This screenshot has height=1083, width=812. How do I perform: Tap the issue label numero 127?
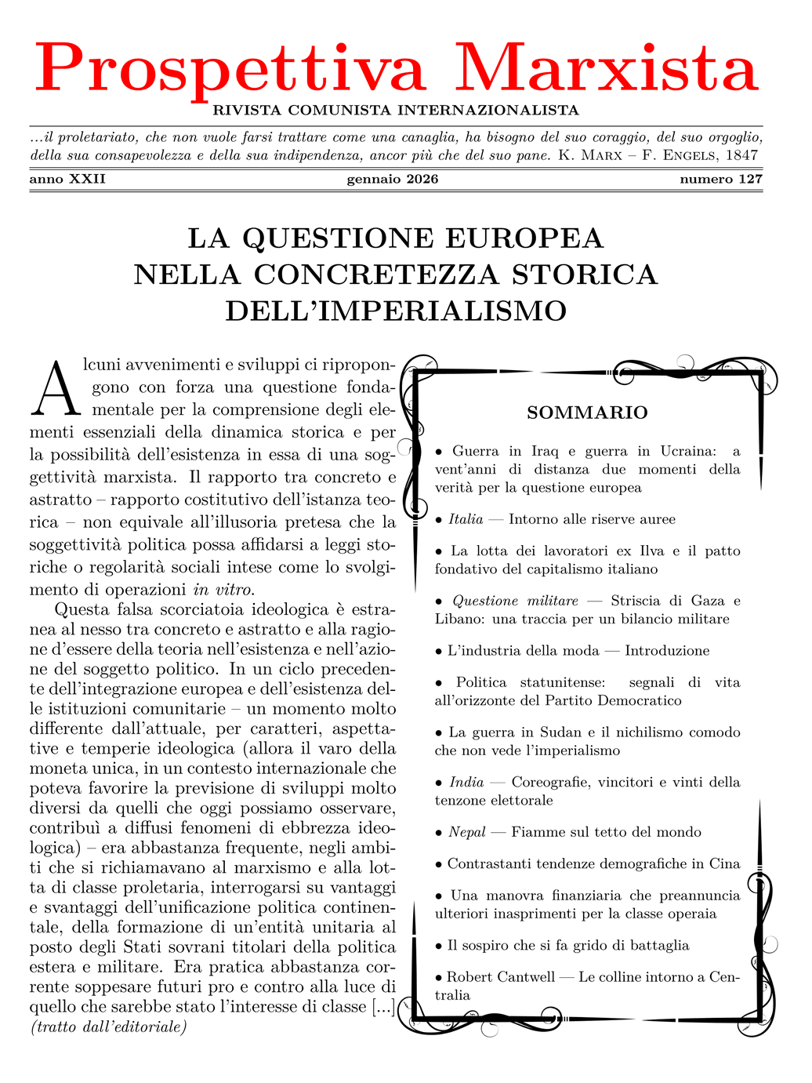[x=720, y=179]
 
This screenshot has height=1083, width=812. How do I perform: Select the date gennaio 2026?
[x=393, y=179]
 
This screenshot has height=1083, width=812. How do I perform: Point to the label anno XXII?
[x=67, y=179]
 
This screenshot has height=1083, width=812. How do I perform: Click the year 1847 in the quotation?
[x=741, y=155]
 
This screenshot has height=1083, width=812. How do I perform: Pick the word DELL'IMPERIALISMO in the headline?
[x=396, y=311]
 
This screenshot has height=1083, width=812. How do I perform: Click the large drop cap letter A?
[x=55, y=389]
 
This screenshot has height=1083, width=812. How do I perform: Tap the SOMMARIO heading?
[x=587, y=412]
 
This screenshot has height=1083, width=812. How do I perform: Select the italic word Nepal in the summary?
[x=467, y=832]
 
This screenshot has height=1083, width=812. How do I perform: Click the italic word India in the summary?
[x=466, y=782]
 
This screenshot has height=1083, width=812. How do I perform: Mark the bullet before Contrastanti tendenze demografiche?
[x=439, y=864]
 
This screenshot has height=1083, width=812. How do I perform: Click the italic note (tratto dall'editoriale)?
[x=108, y=1027]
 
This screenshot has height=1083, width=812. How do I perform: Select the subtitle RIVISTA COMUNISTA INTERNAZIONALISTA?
[x=396, y=111]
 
